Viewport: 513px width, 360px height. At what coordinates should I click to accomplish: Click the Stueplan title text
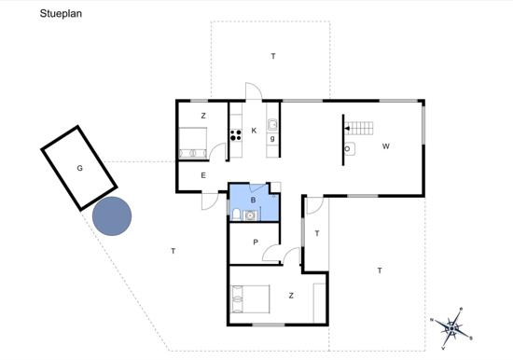pyautogui.click(x=61, y=14)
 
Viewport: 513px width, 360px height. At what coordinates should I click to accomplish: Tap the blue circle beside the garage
pyautogui.click(x=112, y=216)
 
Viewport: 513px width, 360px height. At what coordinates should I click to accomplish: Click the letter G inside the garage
pyautogui.click(x=79, y=168)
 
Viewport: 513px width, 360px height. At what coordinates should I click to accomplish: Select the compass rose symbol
pyautogui.click(x=452, y=327)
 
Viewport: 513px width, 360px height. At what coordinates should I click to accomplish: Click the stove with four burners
pyautogui.click(x=236, y=135)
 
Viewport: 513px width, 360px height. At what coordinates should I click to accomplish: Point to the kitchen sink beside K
pyautogui.click(x=272, y=125)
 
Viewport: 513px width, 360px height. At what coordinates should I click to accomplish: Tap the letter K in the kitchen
pyautogui.click(x=254, y=131)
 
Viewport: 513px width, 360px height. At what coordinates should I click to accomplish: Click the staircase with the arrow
pyautogui.click(x=359, y=129)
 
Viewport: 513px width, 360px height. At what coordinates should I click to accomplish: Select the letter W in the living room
pyautogui.click(x=386, y=146)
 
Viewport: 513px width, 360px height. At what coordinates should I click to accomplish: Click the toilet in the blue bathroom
pyautogui.click(x=236, y=215)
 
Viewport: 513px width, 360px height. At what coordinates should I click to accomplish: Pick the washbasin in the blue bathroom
pyautogui.click(x=250, y=215)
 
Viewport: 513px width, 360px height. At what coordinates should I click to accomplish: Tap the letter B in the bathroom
pyautogui.click(x=253, y=200)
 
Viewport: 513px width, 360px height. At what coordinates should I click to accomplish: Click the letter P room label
pyautogui.click(x=256, y=242)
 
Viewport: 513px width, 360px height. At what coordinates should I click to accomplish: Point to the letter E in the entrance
pyautogui.click(x=203, y=175)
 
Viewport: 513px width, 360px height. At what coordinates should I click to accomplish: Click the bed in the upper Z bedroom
pyautogui.click(x=193, y=144)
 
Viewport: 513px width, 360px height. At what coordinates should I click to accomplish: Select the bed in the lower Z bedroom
pyautogui.click(x=250, y=299)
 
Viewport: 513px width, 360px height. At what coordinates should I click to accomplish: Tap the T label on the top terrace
pyautogui.click(x=273, y=56)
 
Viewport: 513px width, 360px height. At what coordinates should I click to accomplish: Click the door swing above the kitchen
pyautogui.click(x=254, y=91)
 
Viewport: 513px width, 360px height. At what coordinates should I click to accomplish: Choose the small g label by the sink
pyautogui.click(x=272, y=138)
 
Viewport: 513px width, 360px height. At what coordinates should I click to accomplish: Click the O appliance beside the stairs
pyautogui.click(x=349, y=149)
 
